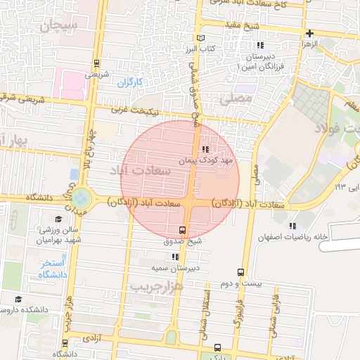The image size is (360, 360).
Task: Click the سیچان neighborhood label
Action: coord(58,27)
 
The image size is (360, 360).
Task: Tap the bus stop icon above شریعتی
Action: coord(96,62)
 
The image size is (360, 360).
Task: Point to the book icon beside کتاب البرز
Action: coord(202,37)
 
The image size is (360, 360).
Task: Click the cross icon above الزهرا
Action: coord(309,33)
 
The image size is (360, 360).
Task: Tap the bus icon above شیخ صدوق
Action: coord(183,230)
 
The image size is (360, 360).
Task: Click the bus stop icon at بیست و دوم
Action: coord(241,272)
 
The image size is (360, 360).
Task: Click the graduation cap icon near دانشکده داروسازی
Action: coord(18,299)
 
